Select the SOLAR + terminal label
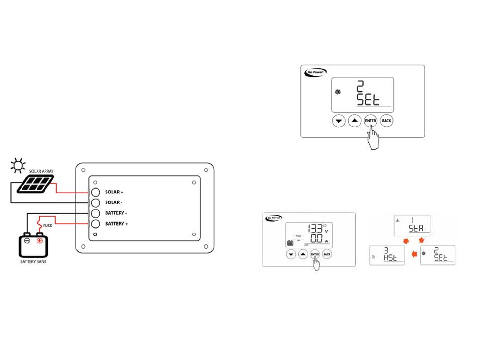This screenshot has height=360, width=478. tap(115, 192)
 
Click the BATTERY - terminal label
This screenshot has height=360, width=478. tap(116, 213)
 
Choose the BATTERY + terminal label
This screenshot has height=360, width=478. tap(117, 223)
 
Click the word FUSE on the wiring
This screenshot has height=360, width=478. tap(47, 225)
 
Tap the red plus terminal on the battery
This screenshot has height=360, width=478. tap(40, 240)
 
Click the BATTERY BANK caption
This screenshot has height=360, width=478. tap(33, 262)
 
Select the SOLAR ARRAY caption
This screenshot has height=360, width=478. tap(41, 171)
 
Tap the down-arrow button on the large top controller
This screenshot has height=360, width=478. tap(339, 121)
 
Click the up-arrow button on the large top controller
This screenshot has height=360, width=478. tap(355, 121)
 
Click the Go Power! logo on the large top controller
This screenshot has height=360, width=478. tap(314, 73)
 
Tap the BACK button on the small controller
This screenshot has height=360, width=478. tap(327, 254)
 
